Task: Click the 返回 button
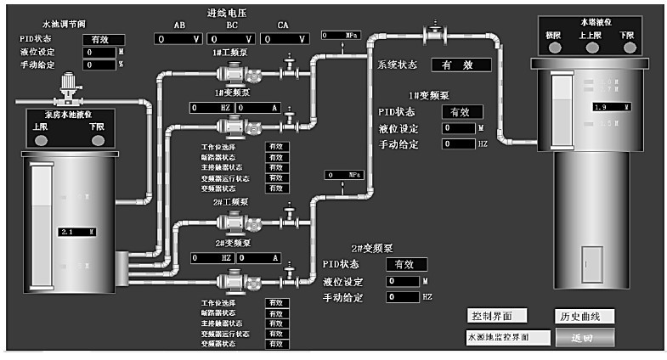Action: click(584, 338)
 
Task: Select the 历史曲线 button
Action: click(584, 316)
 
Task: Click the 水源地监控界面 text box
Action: click(507, 338)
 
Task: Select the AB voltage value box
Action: click(178, 39)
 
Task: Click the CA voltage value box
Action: click(282, 39)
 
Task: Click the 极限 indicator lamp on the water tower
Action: click(554, 48)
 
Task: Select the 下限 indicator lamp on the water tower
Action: click(628, 48)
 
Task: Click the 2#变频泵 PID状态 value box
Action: click(404, 265)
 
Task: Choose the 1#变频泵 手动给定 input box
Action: click(459, 144)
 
